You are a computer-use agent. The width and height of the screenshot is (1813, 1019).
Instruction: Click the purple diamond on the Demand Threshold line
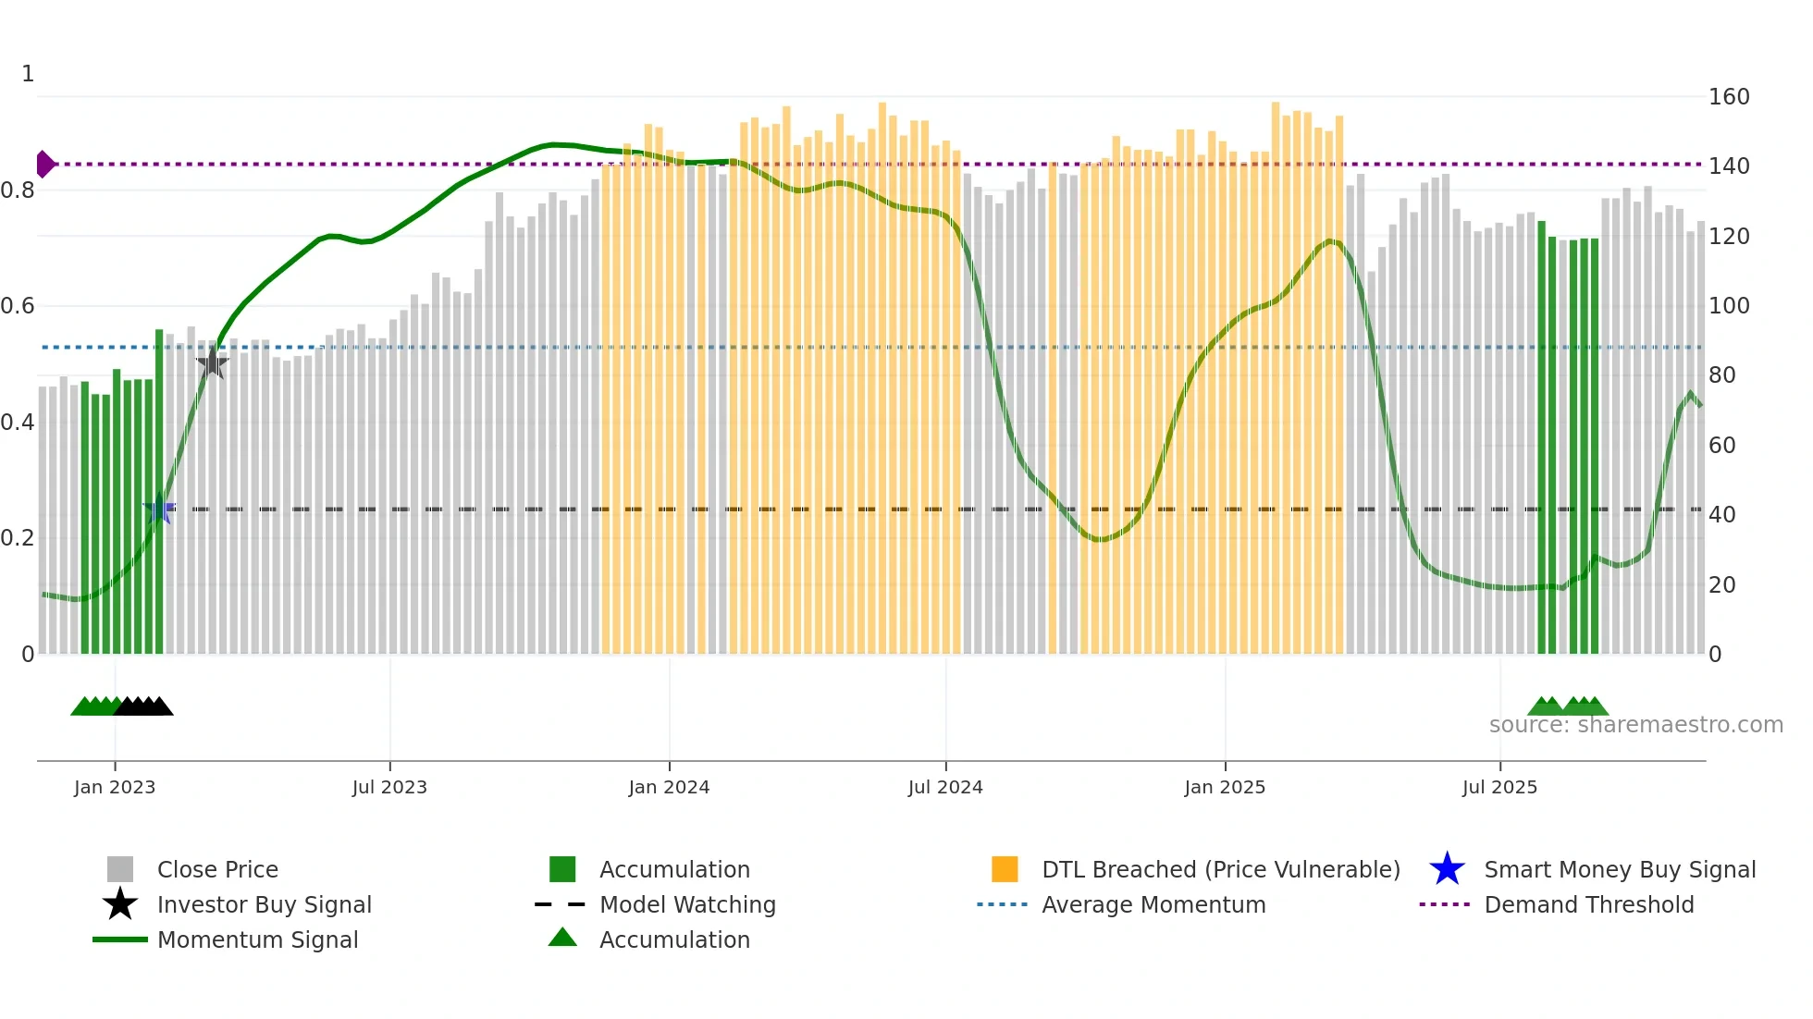44,165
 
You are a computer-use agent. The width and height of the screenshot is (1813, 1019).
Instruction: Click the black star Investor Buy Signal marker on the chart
213,362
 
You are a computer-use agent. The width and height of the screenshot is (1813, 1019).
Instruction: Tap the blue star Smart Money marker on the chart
159,509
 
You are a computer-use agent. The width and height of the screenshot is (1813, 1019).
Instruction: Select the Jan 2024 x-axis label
669,788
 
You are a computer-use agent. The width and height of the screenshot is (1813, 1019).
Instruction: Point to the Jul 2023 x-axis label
389,788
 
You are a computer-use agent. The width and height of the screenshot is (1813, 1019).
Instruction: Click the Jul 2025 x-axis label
1499,788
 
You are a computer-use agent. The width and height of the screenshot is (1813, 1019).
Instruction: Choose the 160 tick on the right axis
1729,97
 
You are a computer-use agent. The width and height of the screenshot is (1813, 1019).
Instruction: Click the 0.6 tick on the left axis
18,306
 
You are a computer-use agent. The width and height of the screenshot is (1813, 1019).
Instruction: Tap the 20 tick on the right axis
1722,585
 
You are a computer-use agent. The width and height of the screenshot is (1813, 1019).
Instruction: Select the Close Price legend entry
217,870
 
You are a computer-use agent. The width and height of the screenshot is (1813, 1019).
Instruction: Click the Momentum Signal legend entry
257,940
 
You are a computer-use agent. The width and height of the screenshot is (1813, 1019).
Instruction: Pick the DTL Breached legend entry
1220,870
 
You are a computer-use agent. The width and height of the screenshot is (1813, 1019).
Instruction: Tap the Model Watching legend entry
687,905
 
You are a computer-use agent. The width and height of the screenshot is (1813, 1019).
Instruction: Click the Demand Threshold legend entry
1588,905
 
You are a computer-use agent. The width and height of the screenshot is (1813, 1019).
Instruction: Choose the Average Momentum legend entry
1153,905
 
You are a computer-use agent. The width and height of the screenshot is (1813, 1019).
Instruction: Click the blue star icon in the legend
1447,869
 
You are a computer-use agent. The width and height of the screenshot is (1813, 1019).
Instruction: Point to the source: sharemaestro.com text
1635,725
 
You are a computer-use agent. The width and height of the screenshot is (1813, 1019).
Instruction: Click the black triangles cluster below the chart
144,706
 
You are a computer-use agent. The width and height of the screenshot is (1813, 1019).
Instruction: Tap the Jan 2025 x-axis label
1225,788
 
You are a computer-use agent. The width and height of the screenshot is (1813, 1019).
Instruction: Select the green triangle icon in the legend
562,938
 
